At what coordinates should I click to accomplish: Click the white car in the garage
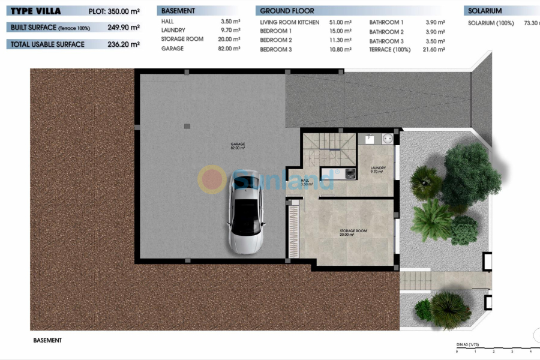tap(245, 211)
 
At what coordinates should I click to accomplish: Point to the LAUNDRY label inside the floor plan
tap(378, 169)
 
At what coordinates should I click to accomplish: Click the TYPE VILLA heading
tap(35, 11)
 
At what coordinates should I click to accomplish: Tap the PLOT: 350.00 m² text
tap(114, 11)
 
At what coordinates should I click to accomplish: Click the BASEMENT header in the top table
tap(178, 11)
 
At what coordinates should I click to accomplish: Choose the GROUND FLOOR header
tap(287, 11)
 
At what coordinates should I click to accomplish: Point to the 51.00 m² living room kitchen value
tap(340, 22)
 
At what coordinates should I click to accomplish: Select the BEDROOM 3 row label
tap(275, 50)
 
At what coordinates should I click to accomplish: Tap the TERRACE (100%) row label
tap(390, 50)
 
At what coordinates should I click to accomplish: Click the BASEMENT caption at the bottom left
tap(47, 340)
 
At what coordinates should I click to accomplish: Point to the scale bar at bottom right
tap(494, 349)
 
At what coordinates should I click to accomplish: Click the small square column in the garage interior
tap(187, 126)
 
